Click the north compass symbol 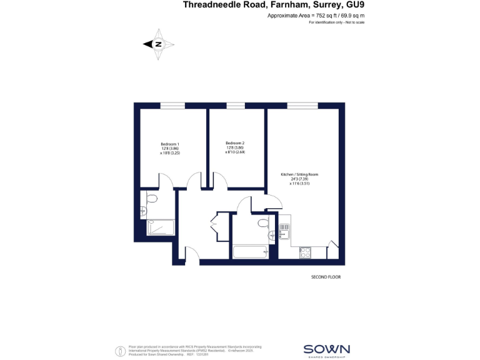pyautogui.click(x=159, y=44)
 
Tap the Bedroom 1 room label pyautogui.click(x=170, y=144)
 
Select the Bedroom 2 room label pyautogui.click(x=235, y=143)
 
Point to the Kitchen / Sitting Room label pyautogui.click(x=304, y=174)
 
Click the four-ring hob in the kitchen pyautogui.click(x=306, y=252)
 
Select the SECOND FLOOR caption pyautogui.click(x=326, y=277)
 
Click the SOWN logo pyautogui.click(x=326, y=349)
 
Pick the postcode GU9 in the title pyautogui.click(x=354, y=5)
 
